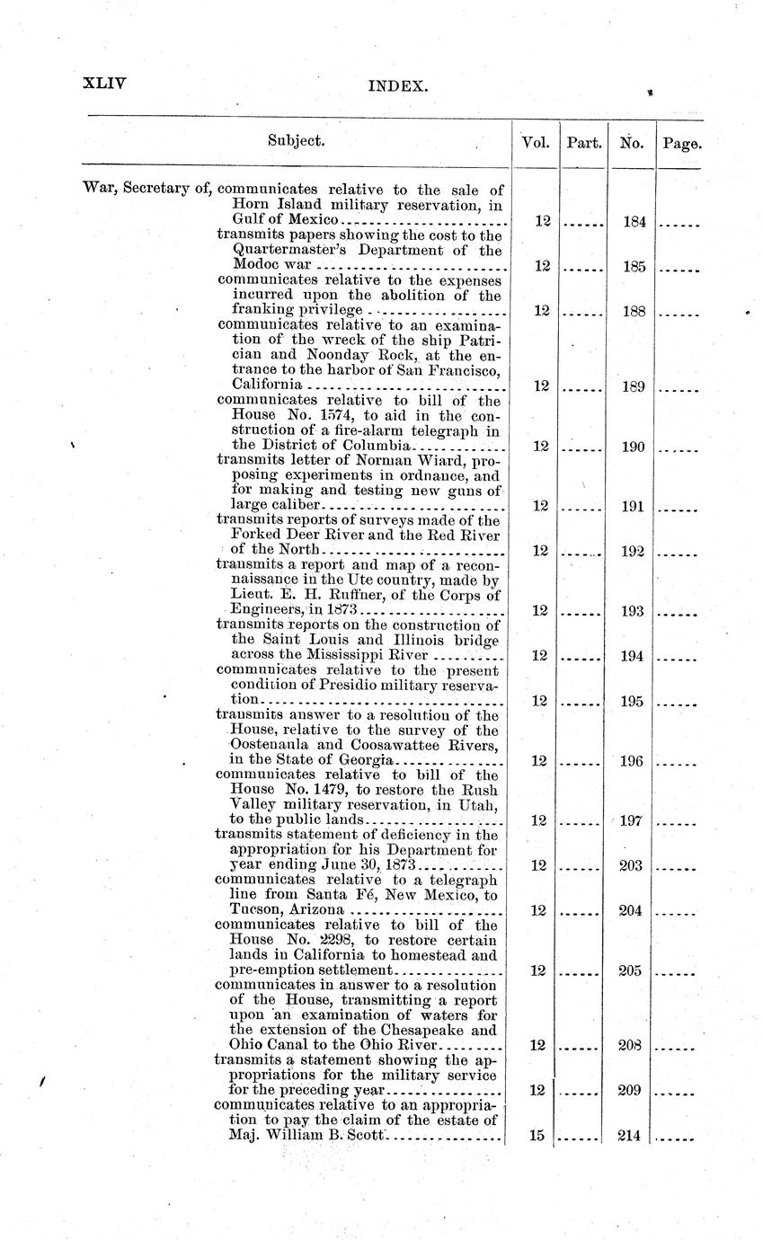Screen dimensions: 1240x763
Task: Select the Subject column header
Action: pyautogui.click(x=296, y=141)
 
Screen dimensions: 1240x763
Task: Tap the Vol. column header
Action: pyautogui.click(x=536, y=142)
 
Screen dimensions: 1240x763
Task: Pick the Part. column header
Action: pyautogui.click(x=584, y=142)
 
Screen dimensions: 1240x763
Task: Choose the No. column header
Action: pyautogui.click(x=632, y=142)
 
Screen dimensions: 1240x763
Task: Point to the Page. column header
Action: pyautogui.click(x=681, y=142)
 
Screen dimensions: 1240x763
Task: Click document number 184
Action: pyautogui.click(x=633, y=221)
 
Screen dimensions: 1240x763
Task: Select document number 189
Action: pyautogui.click(x=633, y=385)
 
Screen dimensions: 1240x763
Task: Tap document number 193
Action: pyautogui.click(x=633, y=611)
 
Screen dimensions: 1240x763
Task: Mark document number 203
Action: pyautogui.click(x=633, y=865)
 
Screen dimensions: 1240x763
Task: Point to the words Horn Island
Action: pyautogui.click(x=273, y=205)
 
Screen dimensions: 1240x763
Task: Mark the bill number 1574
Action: pyautogui.click(x=344, y=415)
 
